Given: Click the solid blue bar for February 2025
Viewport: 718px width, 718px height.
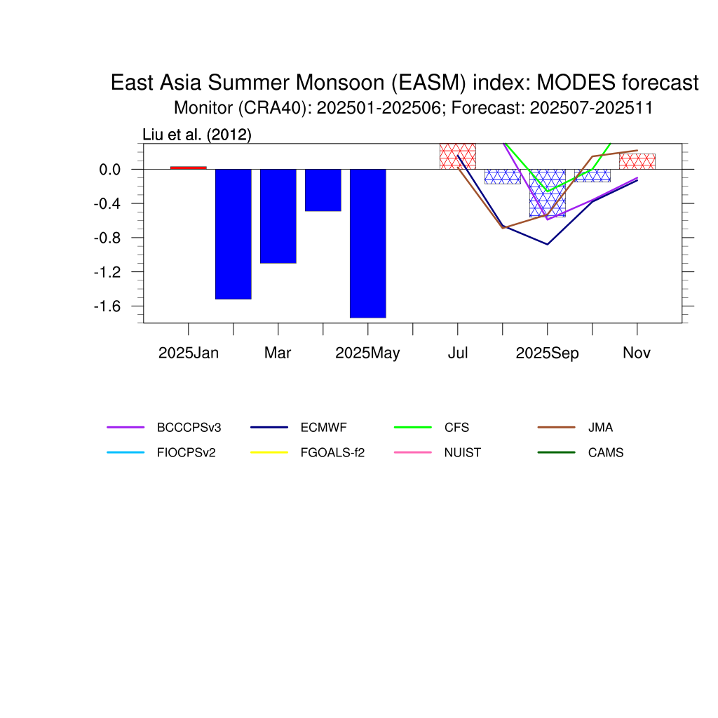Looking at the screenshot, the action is [233, 234].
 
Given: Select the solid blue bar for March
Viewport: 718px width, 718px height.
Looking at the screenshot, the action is [278, 216].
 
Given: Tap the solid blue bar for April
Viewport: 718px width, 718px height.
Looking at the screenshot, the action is [323, 190].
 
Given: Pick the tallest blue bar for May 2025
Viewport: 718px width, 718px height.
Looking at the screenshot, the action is [367, 243].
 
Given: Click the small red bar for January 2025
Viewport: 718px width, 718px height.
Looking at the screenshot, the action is [188, 168].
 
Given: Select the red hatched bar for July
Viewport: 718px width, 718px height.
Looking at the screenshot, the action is [458, 156].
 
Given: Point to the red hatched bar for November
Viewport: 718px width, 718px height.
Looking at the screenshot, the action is [637, 162].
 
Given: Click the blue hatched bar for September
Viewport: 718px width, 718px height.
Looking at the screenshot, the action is [547, 194].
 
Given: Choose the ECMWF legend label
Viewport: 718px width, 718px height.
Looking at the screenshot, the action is [323, 428].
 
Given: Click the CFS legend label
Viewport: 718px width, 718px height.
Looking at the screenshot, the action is [456, 428].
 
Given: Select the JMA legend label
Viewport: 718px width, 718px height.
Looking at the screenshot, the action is [600, 428].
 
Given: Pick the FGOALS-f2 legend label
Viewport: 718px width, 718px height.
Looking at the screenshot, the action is [332, 453].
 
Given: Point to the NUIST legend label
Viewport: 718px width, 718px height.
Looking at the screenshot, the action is [463, 453].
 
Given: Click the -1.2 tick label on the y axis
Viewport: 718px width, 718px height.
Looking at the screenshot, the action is [107, 272].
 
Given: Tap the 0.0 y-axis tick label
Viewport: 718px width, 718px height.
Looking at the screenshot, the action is [110, 170].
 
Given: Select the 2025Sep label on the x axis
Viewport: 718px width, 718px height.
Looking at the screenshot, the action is [547, 353].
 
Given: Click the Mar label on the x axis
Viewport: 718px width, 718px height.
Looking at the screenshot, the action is [278, 353].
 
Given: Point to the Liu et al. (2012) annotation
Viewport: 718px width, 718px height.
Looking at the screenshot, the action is [197, 135].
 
